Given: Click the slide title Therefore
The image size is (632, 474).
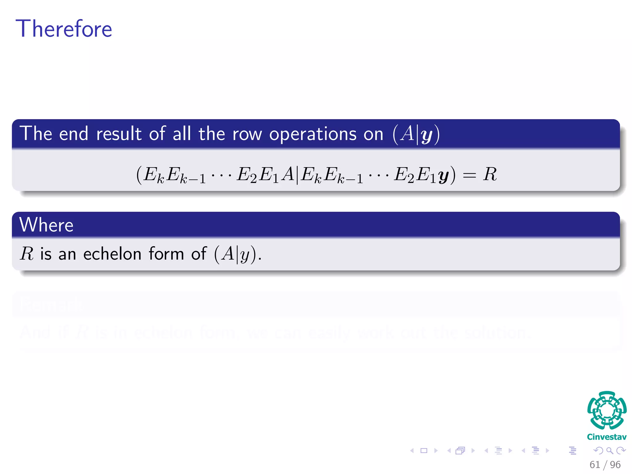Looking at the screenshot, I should [64, 29].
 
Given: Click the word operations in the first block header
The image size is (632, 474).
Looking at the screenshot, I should [313, 134].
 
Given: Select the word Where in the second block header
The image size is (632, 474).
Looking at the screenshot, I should [46, 225].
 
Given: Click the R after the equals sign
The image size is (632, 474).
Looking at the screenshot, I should [490, 174].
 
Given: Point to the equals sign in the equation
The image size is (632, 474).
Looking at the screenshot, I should [469, 175].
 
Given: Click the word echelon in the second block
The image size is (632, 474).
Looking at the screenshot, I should [112, 254].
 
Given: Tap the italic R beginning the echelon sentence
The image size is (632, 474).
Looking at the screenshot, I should [27, 254].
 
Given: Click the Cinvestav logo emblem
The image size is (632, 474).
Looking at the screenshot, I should [607, 410].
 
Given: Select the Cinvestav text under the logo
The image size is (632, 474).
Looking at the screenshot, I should [607, 437].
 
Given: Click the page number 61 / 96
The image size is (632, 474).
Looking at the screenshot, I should [605, 464].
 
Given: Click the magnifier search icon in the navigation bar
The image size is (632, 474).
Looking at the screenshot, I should [609, 451].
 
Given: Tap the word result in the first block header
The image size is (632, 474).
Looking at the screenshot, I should [118, 134].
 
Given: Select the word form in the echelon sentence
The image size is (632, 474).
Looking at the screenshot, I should [166, 254].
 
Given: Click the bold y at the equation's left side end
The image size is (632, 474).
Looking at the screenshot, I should [443, 176].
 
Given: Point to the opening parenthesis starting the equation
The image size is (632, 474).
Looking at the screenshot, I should [139, 175].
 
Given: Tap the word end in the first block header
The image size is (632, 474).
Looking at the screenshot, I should [73, 134].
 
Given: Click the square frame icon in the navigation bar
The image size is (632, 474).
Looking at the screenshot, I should [424, 451].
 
